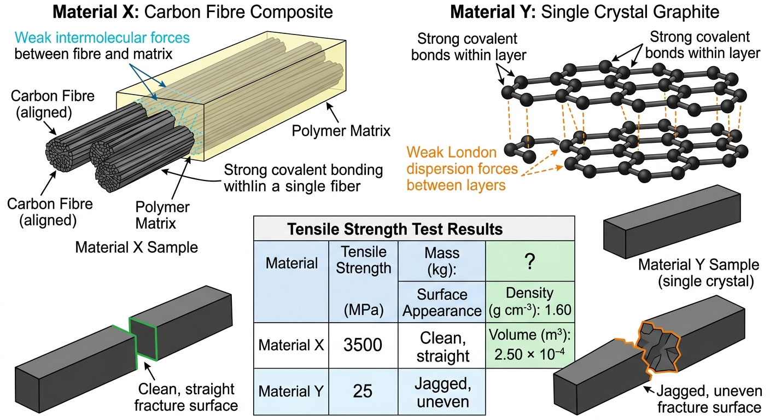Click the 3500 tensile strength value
363,345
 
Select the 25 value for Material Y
363,391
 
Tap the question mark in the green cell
530,261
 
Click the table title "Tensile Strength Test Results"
395,229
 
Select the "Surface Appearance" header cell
442,302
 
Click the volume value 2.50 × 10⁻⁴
530,354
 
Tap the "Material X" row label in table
291,345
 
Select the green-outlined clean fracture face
143,339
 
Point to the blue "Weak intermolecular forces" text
102,38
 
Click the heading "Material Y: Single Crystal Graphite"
585,12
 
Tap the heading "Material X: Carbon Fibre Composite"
192,12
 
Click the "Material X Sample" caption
137,247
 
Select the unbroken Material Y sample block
672,221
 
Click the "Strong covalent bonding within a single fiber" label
303,178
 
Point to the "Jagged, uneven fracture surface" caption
709,399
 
